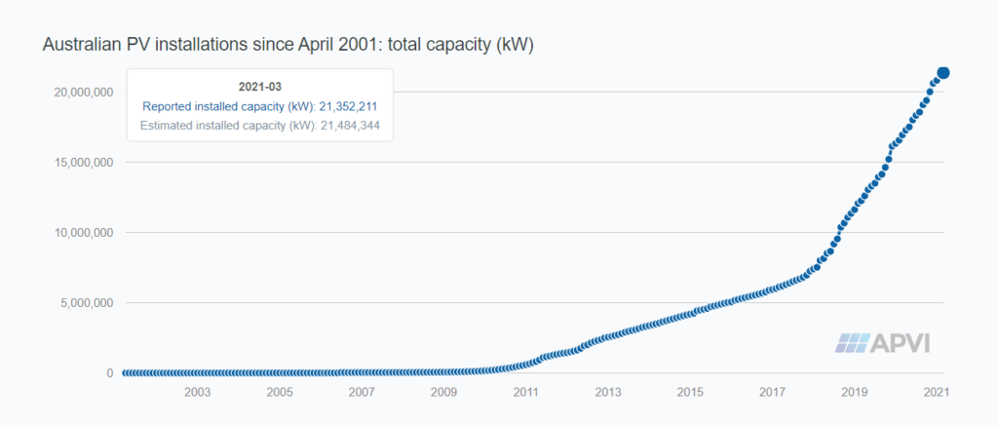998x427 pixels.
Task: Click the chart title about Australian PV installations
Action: pyautogui.click(x=288, y=46)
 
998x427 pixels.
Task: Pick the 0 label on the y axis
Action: pyautogui.click(x=109, y=373)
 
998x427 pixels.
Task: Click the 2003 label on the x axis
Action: pyautogui.click(x=197, y=392)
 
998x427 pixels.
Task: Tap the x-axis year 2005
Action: pyautogui.click(x=280, y=392)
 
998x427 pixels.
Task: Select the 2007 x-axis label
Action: pyautogui.click(x=362, y=392)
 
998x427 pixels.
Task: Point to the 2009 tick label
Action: pyautogui.click(x=443, y=392)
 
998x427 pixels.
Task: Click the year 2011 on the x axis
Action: pyautogui.click(x=526, y=392)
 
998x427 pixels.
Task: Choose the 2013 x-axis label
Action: pyautogui.click(x=608, y=392)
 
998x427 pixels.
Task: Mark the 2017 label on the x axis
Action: pyautogui.click(x=773, y=392)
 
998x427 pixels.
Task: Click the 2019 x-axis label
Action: pyautogui.click(x=855, y=392)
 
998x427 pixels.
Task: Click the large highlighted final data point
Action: pyautogui.click(x=943, y=72)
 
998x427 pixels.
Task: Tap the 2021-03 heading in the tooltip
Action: pyautogui.click(x=259, y=87)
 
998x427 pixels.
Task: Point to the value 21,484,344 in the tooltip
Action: pyautogui.click(x=351, y=126)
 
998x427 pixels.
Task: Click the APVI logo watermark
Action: pyautogui.click(x=882, y=343)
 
